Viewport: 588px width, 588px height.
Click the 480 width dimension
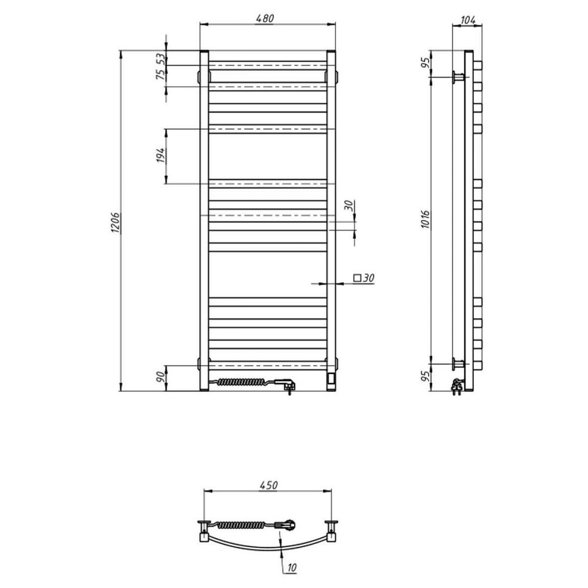265,18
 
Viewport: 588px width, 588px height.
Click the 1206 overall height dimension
115,223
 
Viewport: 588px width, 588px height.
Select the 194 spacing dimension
161,155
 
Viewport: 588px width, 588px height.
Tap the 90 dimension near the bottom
161,376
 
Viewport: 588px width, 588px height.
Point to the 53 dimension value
161,59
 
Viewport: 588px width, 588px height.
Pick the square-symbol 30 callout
364,278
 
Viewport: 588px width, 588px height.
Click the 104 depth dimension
467,20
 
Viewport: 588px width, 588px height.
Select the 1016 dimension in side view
425,220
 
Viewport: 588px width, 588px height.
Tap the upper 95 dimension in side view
425,63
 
